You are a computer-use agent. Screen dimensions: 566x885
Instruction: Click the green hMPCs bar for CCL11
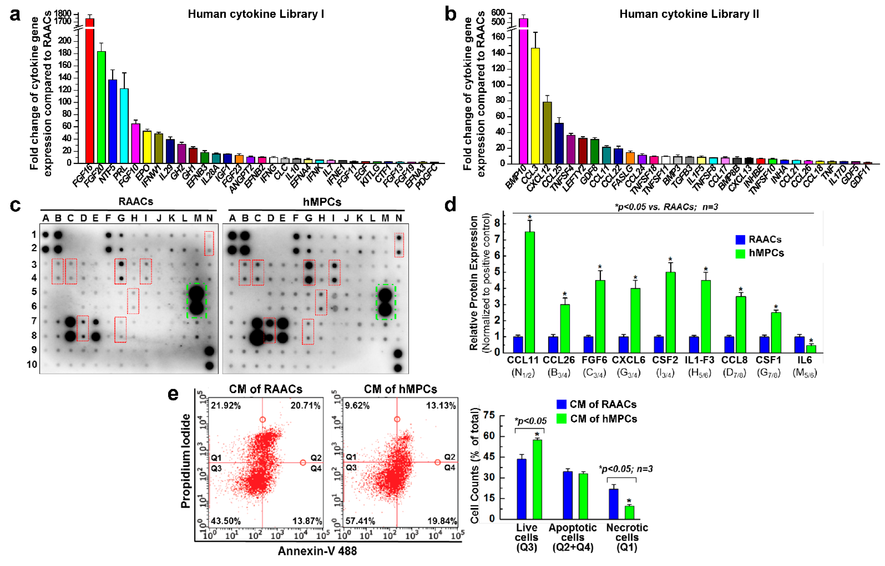(530, 292)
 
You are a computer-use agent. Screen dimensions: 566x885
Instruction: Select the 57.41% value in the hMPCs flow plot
(360, 521)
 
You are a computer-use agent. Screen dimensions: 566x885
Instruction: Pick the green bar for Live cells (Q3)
(537, 479)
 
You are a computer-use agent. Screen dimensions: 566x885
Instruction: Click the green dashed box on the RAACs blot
(197, 301)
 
